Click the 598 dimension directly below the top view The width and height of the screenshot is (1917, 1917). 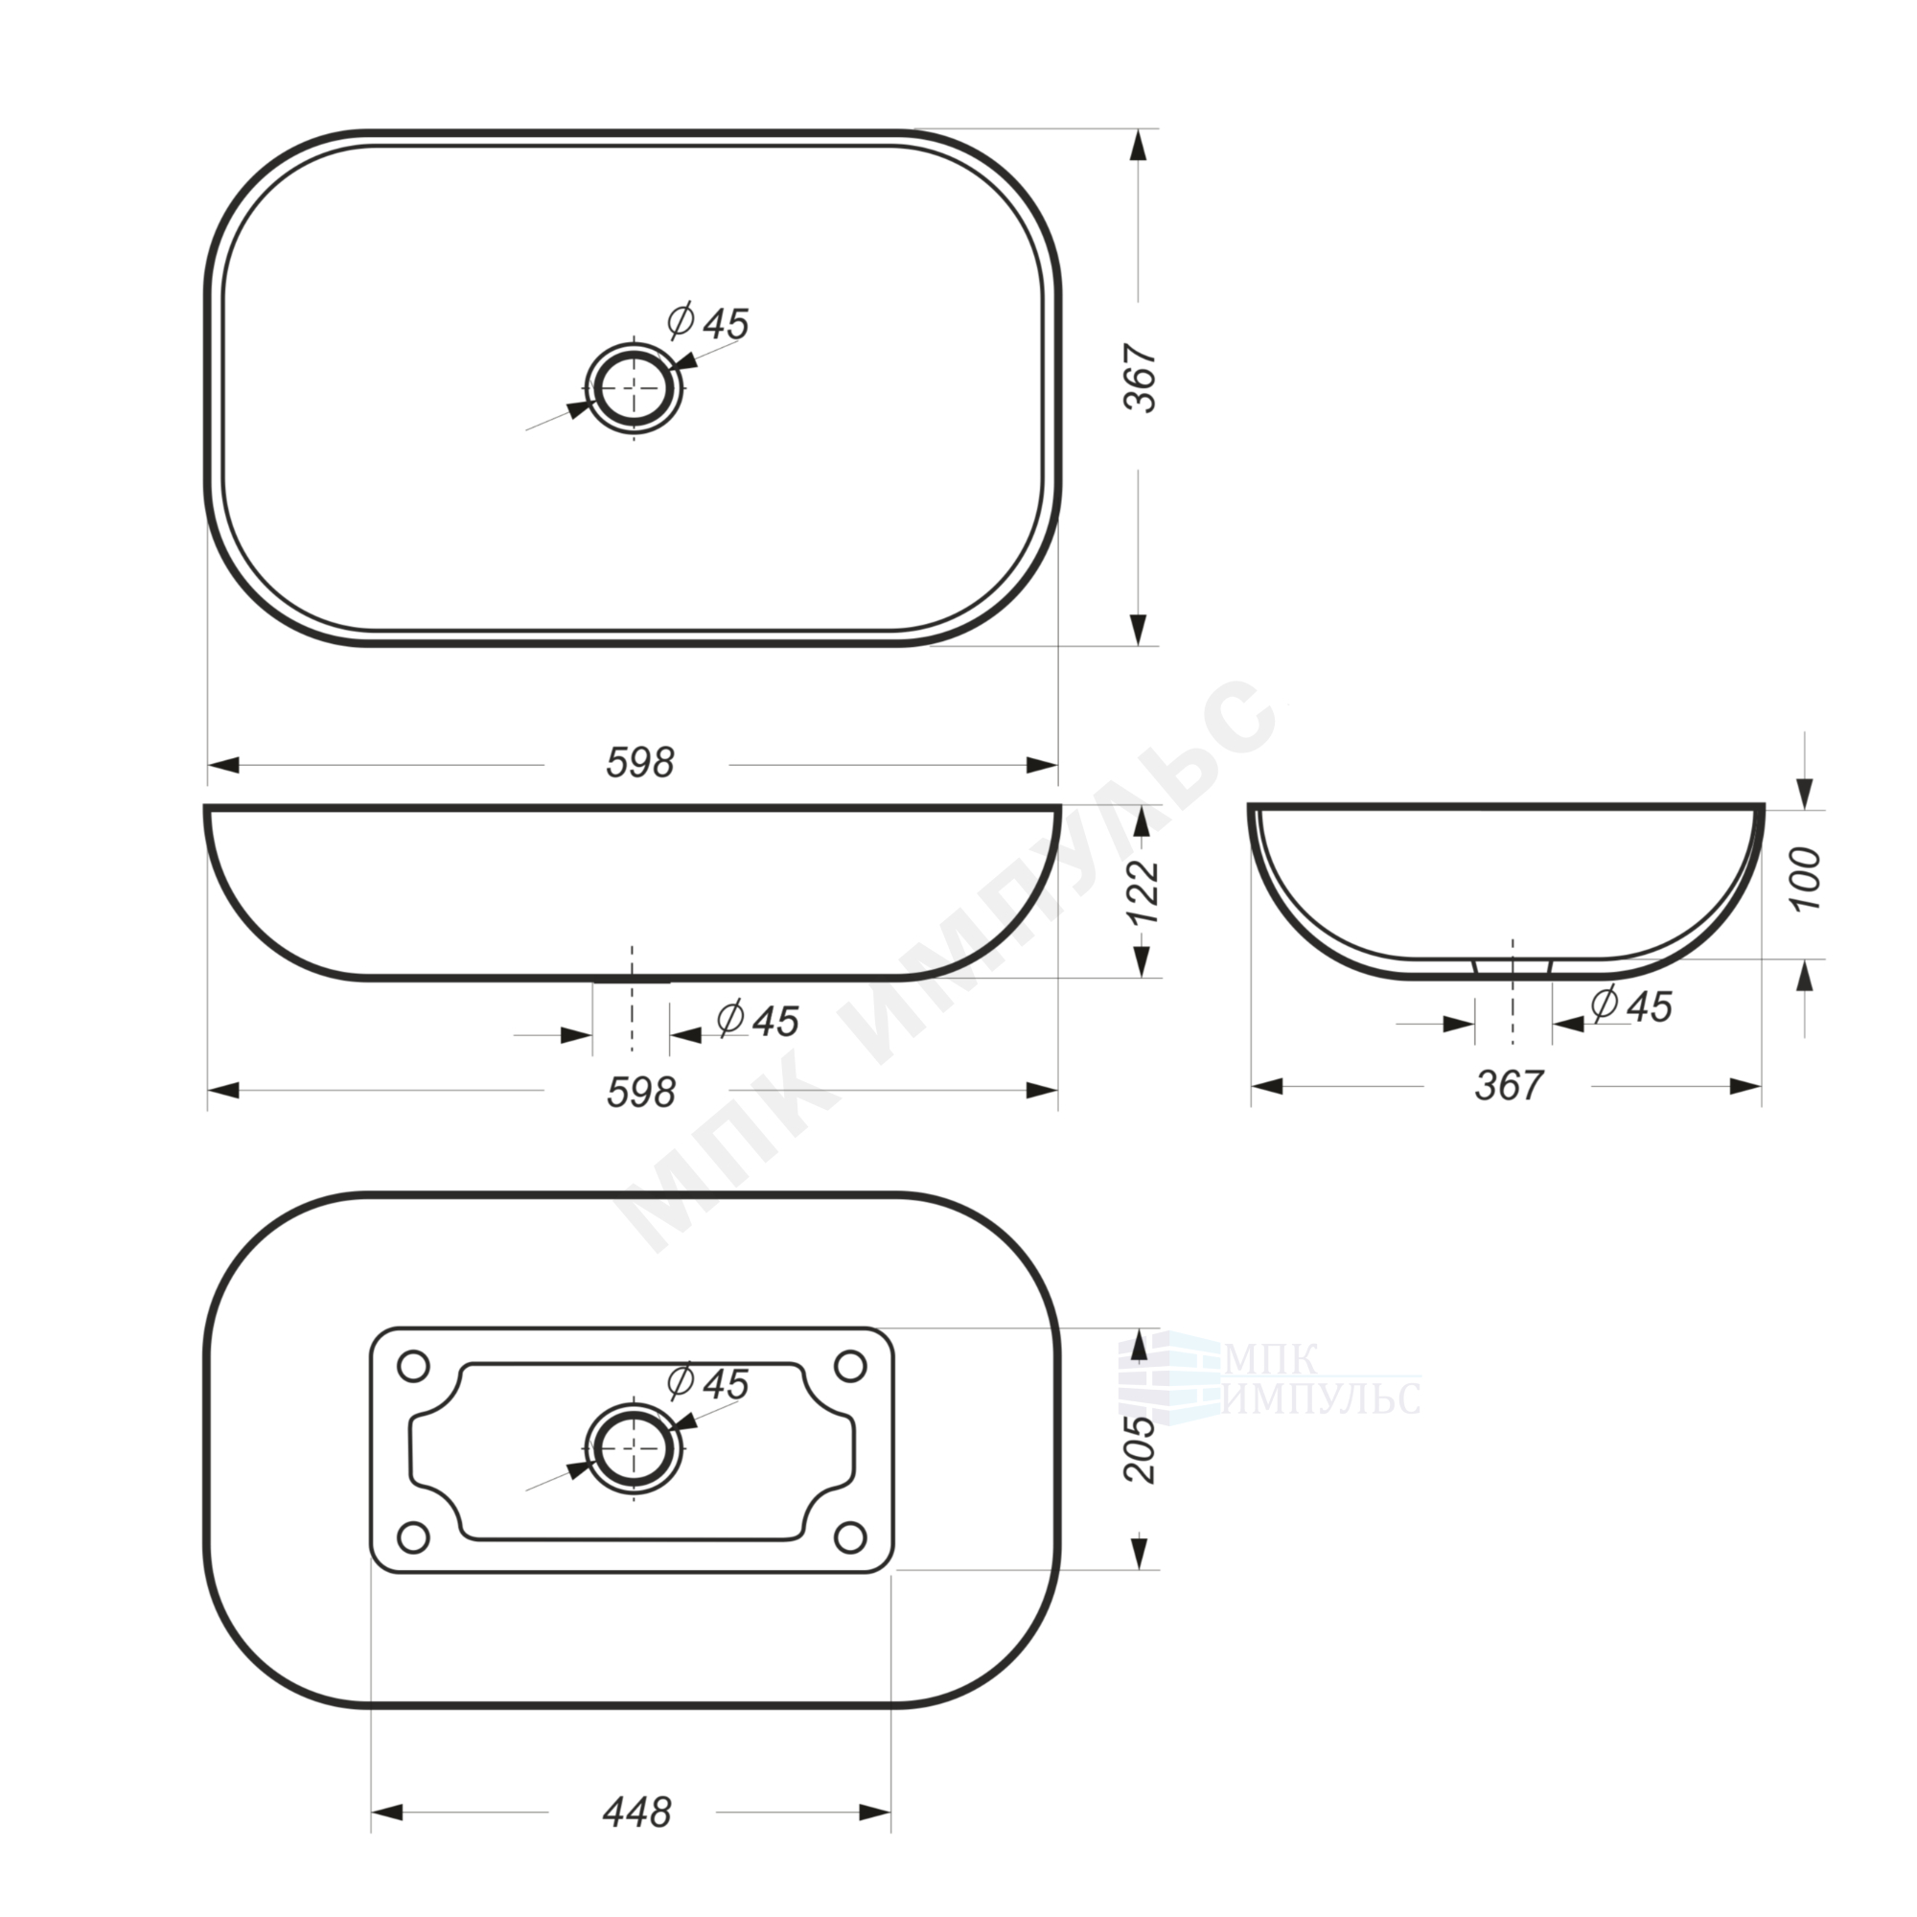tap(640, 763)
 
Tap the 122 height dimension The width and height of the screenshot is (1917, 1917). tap(1145, 892)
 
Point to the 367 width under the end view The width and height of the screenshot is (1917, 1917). tap(1510, 1086)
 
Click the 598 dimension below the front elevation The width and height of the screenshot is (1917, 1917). tap(640, 1092)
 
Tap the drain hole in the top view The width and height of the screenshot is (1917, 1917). tap(634, 388)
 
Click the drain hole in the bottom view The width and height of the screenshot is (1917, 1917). tap(634, 1448)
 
